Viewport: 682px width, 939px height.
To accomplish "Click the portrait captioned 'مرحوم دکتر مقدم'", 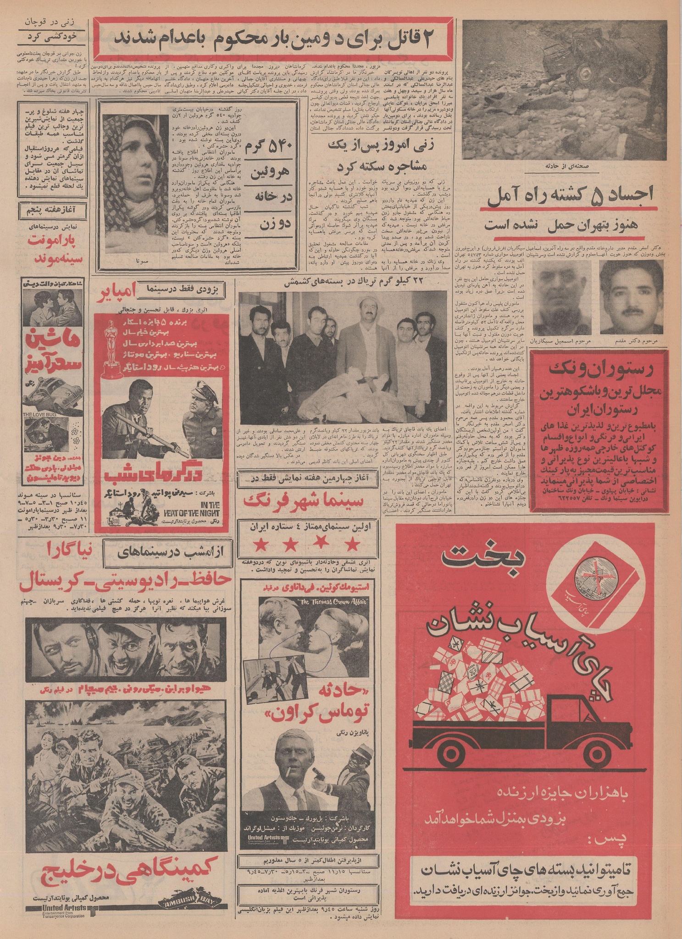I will (631, 297).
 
